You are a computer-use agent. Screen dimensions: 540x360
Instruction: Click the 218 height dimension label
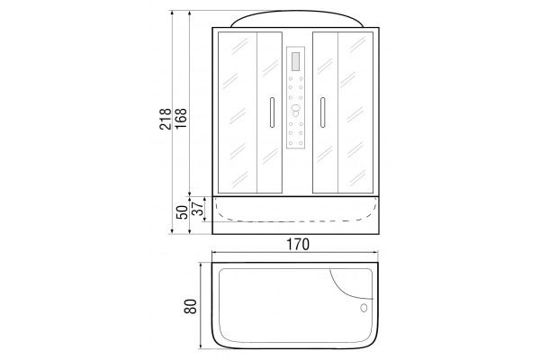point(166,119)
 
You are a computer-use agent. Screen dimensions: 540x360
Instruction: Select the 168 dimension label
point(181,119)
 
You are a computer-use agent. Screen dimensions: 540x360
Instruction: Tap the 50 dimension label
point(182,212)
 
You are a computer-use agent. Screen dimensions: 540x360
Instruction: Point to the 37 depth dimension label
point(197,209)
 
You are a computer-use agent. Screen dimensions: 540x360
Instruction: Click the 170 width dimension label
point(298,244)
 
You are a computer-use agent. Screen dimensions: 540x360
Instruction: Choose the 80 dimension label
point(191,306)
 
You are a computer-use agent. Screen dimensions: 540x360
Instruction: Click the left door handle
point(272,112)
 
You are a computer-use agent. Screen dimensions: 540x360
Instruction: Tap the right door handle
point(323,112)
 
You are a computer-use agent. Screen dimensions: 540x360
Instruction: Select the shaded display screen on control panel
point(295,62)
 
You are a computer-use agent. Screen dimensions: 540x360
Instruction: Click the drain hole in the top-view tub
point(364,308)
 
